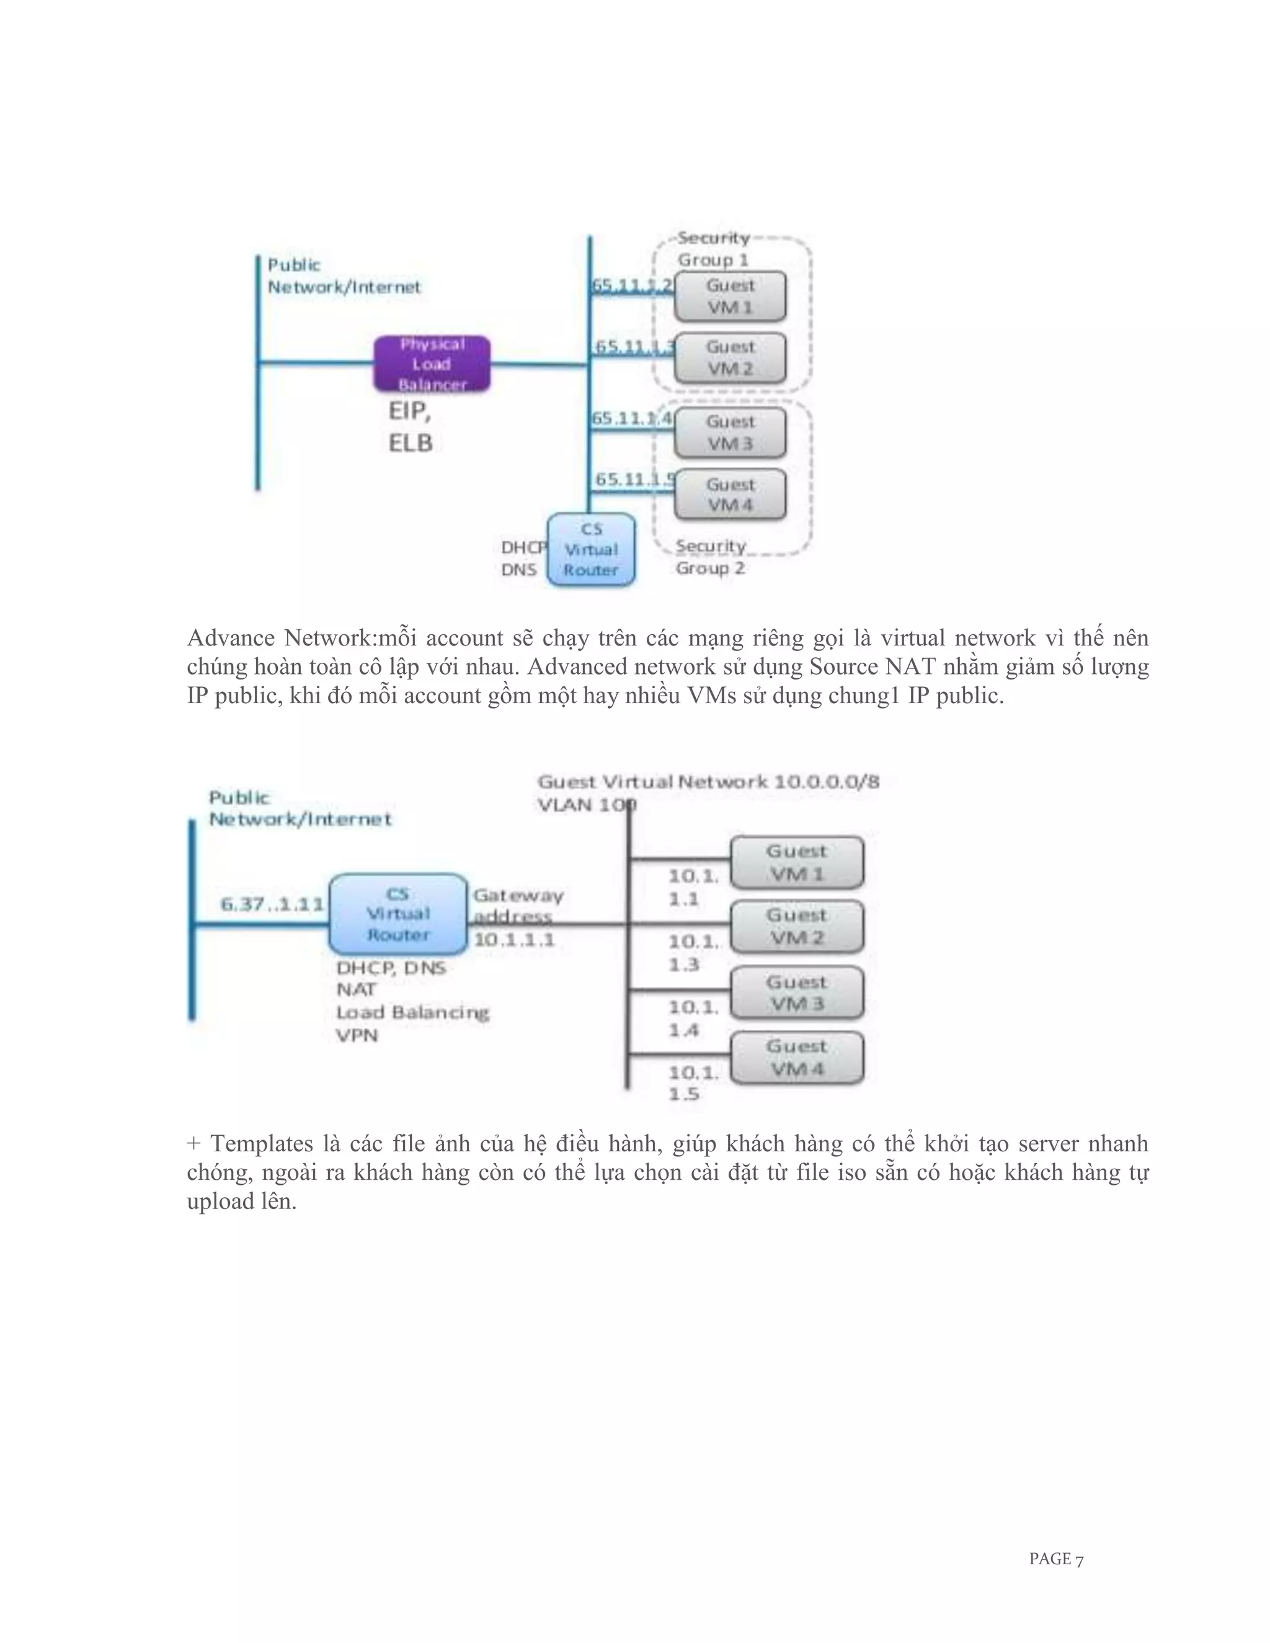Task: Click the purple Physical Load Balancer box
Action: pyautogui.click(x=432, y=364)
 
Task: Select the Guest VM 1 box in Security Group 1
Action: pyautogui.click(x=730, y=296)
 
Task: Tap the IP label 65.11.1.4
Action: pyautogui.click(x=632, y=418)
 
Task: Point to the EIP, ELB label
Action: pyautogui.click(x=410, y=427)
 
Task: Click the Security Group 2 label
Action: pyautogui.click(x=710, y=557)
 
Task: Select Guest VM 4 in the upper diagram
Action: pyautogui.click(x=730, y=495)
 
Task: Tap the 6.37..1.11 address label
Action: pyautogui.click(x=272, y=903)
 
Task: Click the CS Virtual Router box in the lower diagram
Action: pyautogui.click(x=398, y=914)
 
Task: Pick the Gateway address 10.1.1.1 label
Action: pyautogui.click(x=517, y=917)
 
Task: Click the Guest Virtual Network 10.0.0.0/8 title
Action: pyautogui.click(x=708, y=782)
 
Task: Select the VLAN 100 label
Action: pyautogui.click(x=586, y=805)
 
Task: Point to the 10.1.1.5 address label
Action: pyautogui.click(x=693, y=1083)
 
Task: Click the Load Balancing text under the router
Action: pyautogui.click(x=412, y=1012)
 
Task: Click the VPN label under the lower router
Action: pyautogui.click(x=357, y=1035)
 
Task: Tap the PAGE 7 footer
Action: pyautogui.click(x=1055, y=1559)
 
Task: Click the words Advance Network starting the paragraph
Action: pyautogui.click(x=278, y=638)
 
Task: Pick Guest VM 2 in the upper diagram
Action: pyautogui.click(x=730, y=358)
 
